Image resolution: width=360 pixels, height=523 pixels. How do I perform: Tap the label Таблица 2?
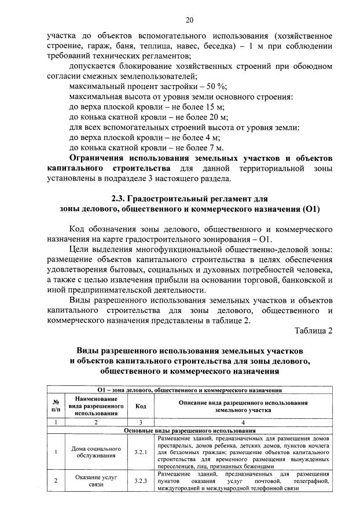[x=313, y=330]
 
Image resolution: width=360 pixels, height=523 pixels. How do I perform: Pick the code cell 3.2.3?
[x=141, y=480]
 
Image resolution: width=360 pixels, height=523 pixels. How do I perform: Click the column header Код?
[x=141, y=406]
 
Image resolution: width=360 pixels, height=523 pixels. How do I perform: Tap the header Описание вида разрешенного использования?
[x=243, y=406]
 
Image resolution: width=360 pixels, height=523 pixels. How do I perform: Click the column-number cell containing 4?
[x=243, y=422]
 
